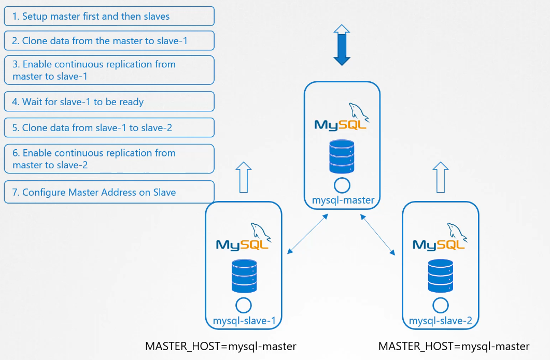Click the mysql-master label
tap(343, 200)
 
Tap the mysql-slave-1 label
tap(244, 321)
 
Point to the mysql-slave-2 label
tap(441, 321)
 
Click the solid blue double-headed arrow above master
tap(342, 45)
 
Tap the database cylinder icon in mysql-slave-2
tap(441, 276)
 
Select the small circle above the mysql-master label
tap(342, 185)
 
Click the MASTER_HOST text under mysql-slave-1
tap(220, 346)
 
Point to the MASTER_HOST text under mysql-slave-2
tap(454, 346)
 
